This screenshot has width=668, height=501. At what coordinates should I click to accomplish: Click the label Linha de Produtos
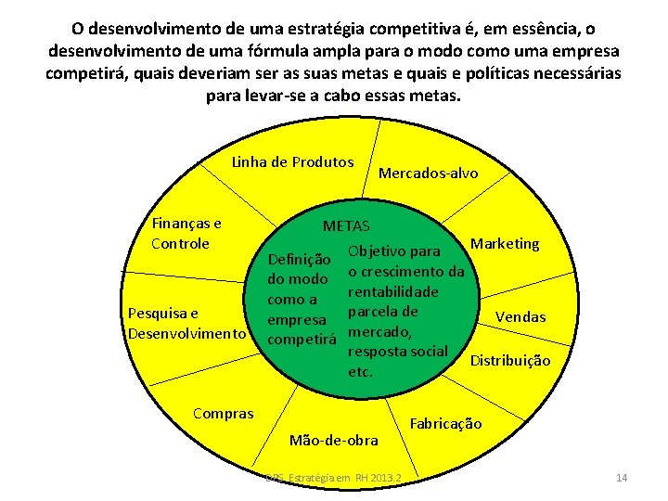point(292,162)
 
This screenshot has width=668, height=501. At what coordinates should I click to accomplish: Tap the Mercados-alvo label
point(428,173)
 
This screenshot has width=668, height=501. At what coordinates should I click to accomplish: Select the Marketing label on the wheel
point(505,244)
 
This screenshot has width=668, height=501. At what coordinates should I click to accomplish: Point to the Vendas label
point(520,316)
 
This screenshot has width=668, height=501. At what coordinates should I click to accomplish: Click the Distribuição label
point(511,360)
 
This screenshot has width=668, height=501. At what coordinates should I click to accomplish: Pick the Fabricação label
point(445,423)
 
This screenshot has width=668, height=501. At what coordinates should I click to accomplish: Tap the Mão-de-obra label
point(334,439)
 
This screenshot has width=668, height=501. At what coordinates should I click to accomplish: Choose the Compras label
point(223,413)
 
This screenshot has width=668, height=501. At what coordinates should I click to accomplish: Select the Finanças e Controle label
point(186,233)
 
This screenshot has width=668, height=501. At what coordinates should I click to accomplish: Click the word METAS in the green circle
point(346,225)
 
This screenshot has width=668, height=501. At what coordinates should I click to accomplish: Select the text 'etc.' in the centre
point(360,372)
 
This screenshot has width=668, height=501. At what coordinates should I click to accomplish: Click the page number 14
point(622,478)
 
